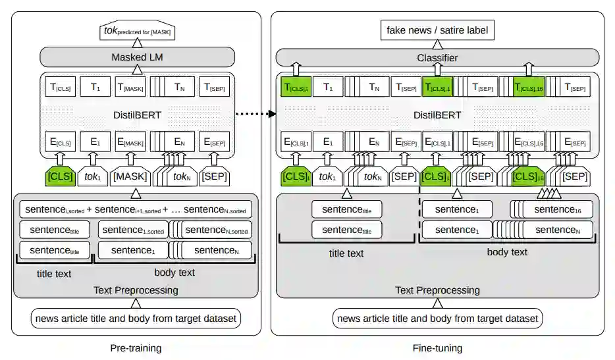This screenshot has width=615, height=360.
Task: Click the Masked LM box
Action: click(x=137, y=58)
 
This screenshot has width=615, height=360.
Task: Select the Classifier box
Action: click(x=437, y=58)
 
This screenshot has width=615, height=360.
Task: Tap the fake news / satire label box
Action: click(x=437, y=30)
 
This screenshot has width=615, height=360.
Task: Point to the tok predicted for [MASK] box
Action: click(x=138, y=30)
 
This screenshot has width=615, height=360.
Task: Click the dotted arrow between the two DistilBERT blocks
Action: click(x=254, y=114)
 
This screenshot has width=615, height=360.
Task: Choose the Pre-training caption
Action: click(x=136, y=347)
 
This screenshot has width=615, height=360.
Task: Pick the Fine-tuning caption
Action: click(x=437, y=347)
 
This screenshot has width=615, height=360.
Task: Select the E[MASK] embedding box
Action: click(x=130, y=141)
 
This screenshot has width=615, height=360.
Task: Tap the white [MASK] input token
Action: click(x=130, y=176)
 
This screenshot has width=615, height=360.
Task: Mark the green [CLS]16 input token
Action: click(x=527, y=176)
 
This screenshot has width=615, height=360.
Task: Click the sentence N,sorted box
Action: click(x=215, y=230)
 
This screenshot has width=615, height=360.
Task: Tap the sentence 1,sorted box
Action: click(x=133, y=230)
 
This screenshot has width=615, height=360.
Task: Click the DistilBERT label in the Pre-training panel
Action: click(x=136, y=115)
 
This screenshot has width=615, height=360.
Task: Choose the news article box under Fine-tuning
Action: click(x=437, y=319)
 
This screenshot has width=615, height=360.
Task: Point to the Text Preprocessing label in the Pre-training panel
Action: click(x=136, y=290)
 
